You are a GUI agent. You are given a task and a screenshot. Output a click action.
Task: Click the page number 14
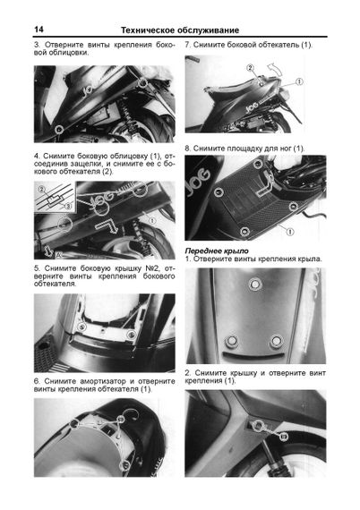39,30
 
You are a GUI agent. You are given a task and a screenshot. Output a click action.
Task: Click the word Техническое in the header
145,30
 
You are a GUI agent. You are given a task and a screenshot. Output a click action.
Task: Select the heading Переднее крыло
217,251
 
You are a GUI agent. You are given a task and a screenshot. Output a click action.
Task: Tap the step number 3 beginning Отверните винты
36,45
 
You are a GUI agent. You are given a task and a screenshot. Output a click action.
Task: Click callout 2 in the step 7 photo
250,68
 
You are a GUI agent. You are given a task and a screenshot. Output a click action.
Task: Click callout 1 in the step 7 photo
299,81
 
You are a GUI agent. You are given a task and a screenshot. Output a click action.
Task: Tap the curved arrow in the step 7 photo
271,68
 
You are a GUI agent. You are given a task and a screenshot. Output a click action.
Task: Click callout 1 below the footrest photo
289,232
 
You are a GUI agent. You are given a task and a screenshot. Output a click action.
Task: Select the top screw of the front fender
255,284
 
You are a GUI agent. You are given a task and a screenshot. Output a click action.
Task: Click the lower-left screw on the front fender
231,341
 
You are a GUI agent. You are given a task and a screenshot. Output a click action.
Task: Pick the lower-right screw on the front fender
276,341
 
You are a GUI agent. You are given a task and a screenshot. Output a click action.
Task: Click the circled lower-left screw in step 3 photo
59,130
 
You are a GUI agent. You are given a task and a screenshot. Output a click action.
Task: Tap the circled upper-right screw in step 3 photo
141,83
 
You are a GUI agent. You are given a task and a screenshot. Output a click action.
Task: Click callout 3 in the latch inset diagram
68,206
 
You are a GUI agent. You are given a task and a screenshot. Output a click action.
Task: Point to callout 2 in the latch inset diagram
42,190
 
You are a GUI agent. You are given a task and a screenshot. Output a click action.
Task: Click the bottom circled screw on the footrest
244,232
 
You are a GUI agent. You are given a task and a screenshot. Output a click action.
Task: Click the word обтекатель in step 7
279,45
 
